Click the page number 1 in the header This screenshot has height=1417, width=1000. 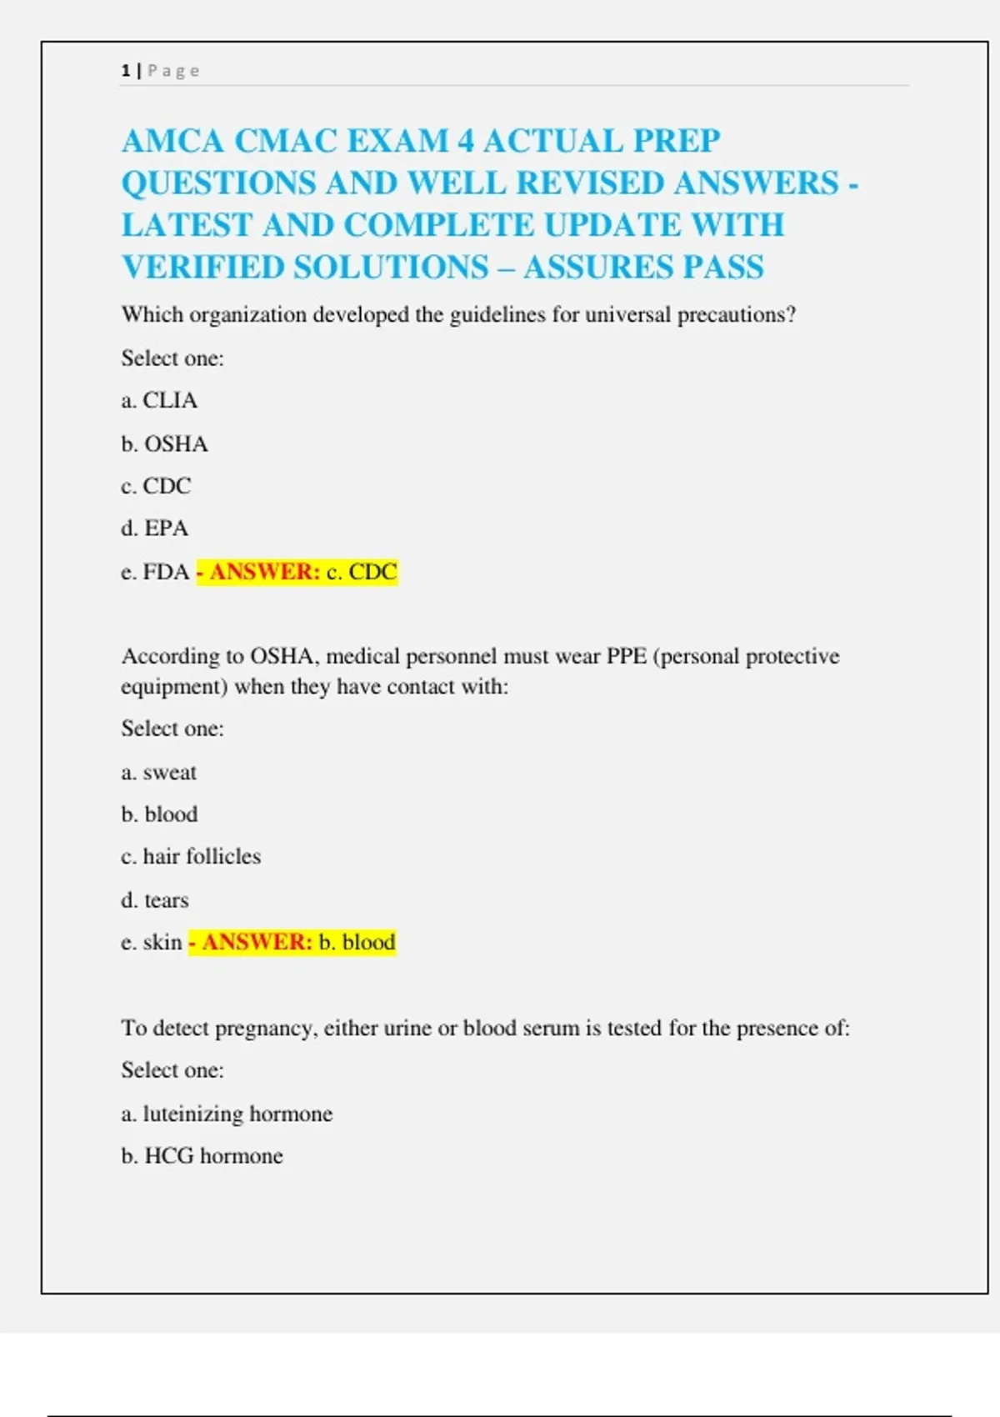tap(125, 71)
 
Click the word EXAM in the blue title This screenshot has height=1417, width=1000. tap(397, 141)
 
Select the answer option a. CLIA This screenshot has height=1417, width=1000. tap(159, 401)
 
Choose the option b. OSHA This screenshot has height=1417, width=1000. tap(164, 443)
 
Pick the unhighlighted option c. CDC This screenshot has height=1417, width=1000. tap(156, 486)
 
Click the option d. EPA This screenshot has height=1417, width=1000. tap(154, 528)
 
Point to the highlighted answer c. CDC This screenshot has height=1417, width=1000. tap(361, 572)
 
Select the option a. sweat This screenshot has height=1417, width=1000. tap(158, 773)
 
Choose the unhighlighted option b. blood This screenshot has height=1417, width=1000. tap(159, 814)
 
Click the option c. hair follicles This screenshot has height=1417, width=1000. tap(190, 857)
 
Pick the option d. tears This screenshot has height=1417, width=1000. tap(154, 900)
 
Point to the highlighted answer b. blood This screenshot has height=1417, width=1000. tap(357, 943)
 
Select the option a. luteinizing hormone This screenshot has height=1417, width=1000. tap(227, 1114)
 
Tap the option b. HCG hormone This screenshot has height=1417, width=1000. tap(202, 1156)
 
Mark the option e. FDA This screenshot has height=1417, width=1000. tap(155, 572)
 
